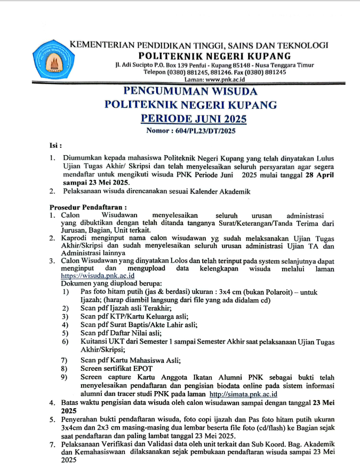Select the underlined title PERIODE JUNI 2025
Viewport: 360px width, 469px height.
click(x=190, y=118)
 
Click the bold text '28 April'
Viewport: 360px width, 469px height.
click(x=321, y=174)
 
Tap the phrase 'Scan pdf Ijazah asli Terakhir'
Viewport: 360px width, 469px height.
click(x=126, y=308)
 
